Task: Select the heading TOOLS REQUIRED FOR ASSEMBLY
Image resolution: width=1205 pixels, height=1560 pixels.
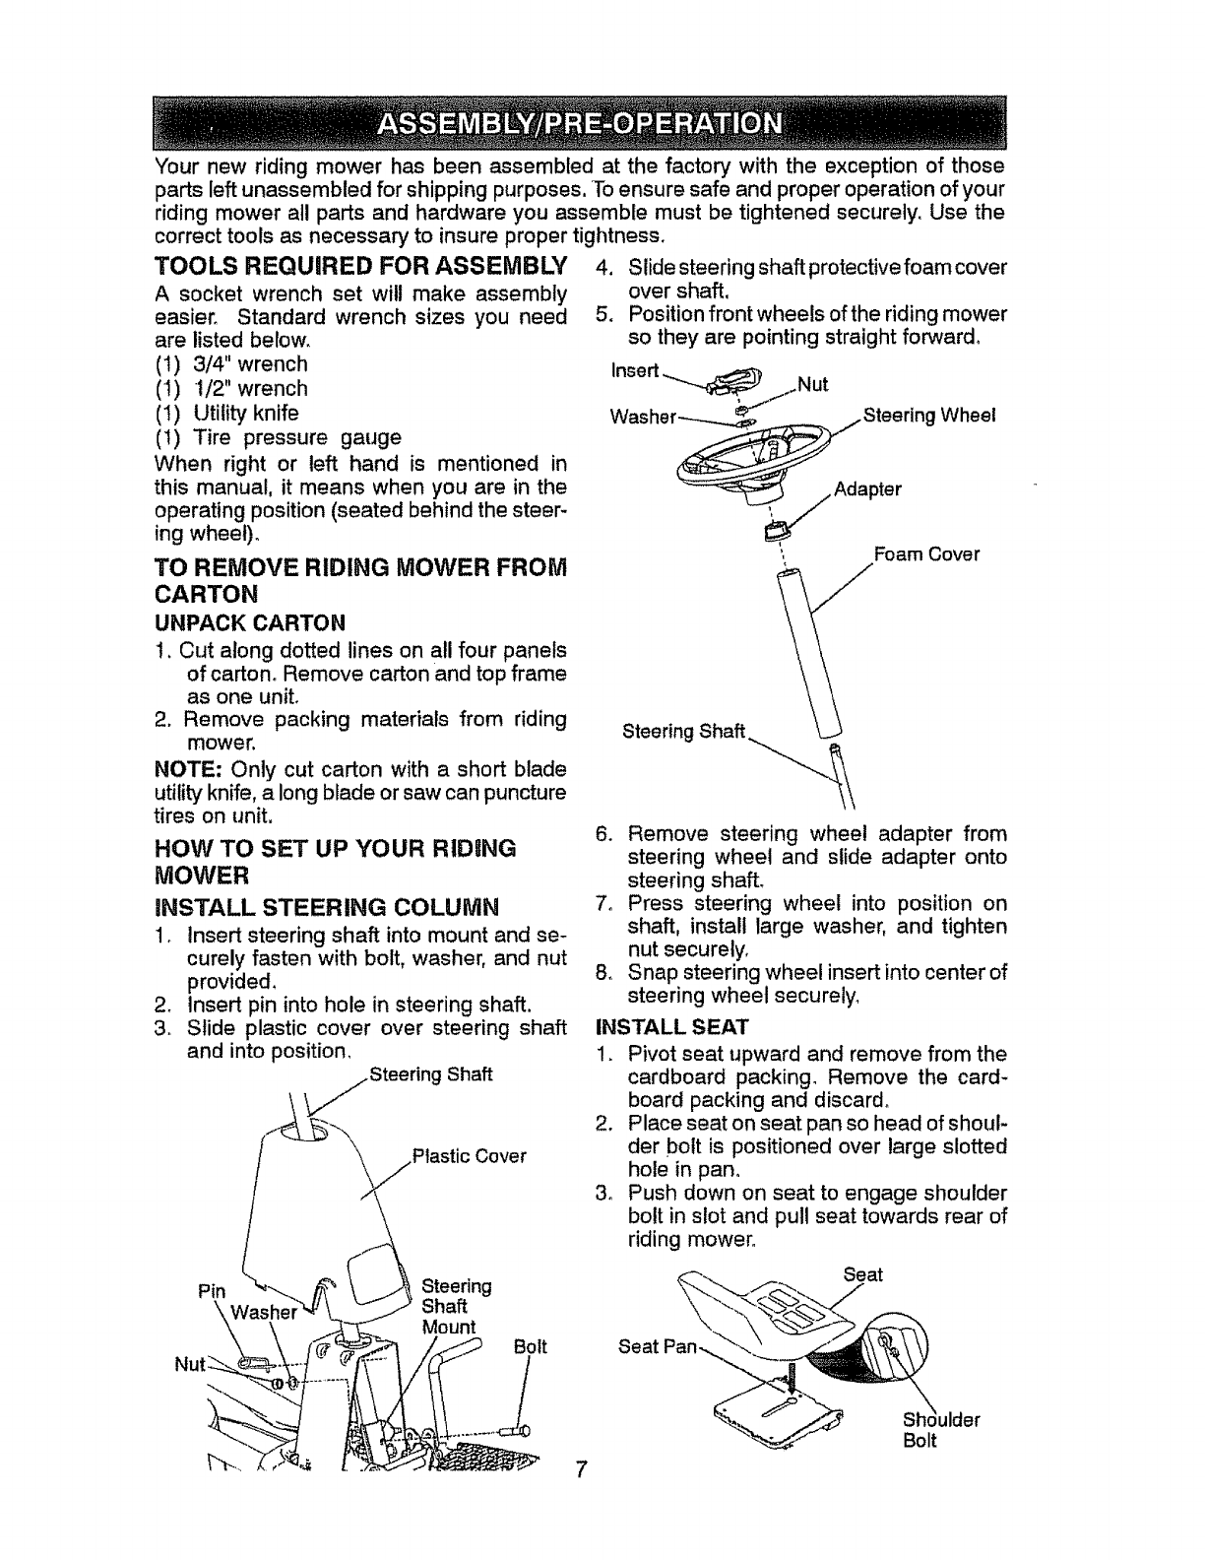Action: pyautogui.click(x=361, y=266)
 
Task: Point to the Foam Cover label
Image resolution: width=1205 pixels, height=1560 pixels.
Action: pyautogui.click(x=926, y=554)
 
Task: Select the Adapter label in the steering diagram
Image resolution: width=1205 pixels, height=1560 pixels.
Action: pyautogui.click(x=867, y=489)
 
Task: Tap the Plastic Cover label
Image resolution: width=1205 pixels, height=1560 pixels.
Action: pyautogui.click(x=470, y=1156)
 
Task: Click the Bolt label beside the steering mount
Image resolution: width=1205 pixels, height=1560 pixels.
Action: pyautogui.click(x=531, y=1346)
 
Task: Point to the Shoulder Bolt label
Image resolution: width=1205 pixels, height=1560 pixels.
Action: pyautogui.click(x=941, y=1431)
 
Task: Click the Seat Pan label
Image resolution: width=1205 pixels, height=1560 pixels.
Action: pyautogui.click(x=656, y=1346)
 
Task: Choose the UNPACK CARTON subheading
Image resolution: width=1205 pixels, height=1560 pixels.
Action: pyautogui.click(x=250, y=622)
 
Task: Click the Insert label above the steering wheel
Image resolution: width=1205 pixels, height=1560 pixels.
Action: pyautogui.click(x=635, y=370)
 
